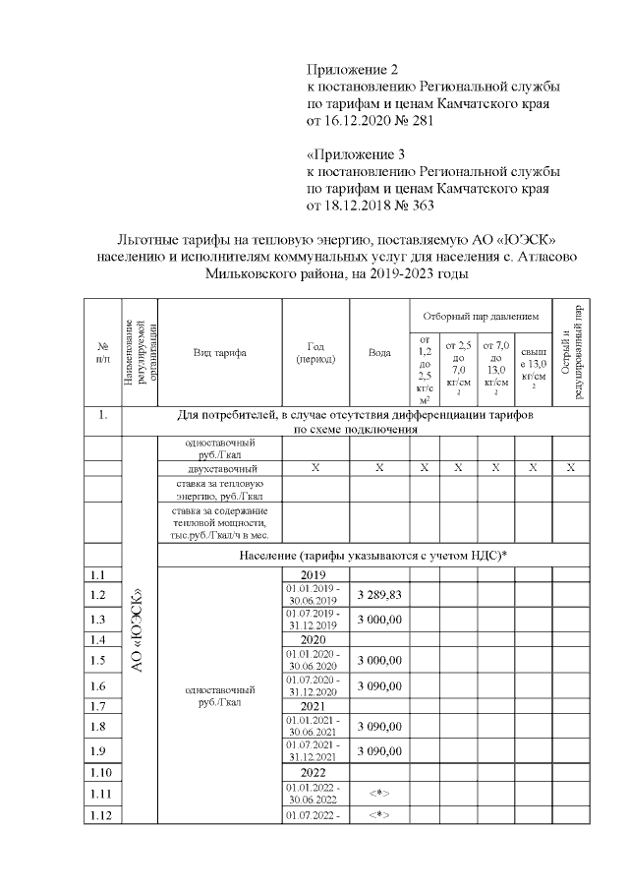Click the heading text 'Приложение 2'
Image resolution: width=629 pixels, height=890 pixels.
[353, 70]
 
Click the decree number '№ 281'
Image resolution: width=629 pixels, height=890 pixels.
[412, 122]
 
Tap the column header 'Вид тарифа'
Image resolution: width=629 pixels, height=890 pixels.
[219, 352]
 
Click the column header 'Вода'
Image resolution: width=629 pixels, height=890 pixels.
[379, 352]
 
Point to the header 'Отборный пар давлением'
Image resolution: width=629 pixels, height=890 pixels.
[481, 317]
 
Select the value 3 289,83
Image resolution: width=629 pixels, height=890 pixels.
[379, 595]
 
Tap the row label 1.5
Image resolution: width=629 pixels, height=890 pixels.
[96, 660]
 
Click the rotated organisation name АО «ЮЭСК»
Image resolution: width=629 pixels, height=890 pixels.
[139, 629]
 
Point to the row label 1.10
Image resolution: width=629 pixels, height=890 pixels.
[99, 772]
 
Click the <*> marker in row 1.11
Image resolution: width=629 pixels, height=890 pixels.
[379, 793]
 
